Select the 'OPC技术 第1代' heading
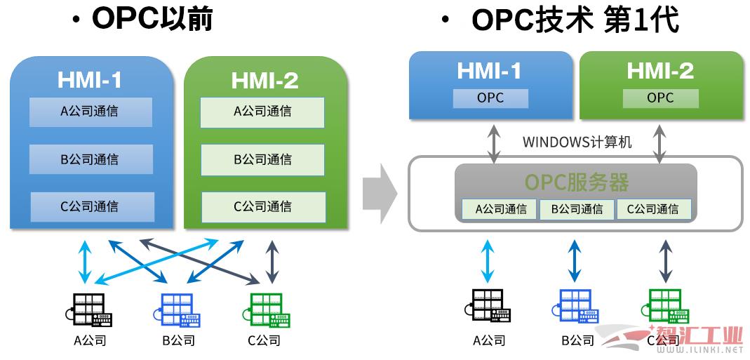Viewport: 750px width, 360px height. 575,20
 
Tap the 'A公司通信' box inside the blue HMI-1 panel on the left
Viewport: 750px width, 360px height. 91,112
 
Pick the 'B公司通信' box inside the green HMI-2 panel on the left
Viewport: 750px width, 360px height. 262,160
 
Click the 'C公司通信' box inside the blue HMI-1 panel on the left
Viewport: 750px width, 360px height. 93,207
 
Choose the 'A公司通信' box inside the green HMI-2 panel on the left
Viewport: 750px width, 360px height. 262,113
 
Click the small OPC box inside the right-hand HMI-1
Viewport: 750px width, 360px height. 490,98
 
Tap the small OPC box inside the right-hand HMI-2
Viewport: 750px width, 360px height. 661,98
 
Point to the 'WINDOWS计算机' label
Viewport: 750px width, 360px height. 577,142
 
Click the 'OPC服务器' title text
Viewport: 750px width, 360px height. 577,182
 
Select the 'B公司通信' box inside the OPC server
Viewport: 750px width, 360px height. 577,209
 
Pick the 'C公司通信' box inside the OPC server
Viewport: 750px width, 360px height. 653,209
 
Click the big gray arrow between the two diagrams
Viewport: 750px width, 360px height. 380,194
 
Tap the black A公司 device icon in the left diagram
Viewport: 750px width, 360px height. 88,310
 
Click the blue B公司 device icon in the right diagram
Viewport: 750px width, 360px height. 576,307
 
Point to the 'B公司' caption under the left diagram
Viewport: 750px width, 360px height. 179,341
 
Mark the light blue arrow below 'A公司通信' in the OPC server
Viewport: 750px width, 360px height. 488,261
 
